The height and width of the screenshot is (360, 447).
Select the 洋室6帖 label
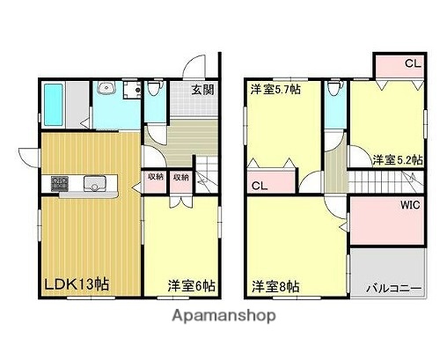pos(193,285)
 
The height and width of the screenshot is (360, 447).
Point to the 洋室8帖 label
pos(275,286)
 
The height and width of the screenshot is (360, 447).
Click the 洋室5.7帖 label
pos(276,89)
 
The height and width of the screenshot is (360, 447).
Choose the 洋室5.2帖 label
pos(397,159)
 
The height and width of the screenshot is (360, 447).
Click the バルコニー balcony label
pos(393,287)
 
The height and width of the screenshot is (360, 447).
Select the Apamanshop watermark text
pos(224,315)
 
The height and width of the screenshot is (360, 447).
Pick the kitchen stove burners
pos(61,184)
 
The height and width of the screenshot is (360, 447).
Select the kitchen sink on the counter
pos(94,184)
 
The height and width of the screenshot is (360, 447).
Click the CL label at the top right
pos(411,63)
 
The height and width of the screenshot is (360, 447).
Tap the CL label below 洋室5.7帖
pos(260,186)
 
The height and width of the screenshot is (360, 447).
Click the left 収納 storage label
pos(155,177)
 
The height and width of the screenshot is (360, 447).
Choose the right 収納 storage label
pos(180,177)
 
